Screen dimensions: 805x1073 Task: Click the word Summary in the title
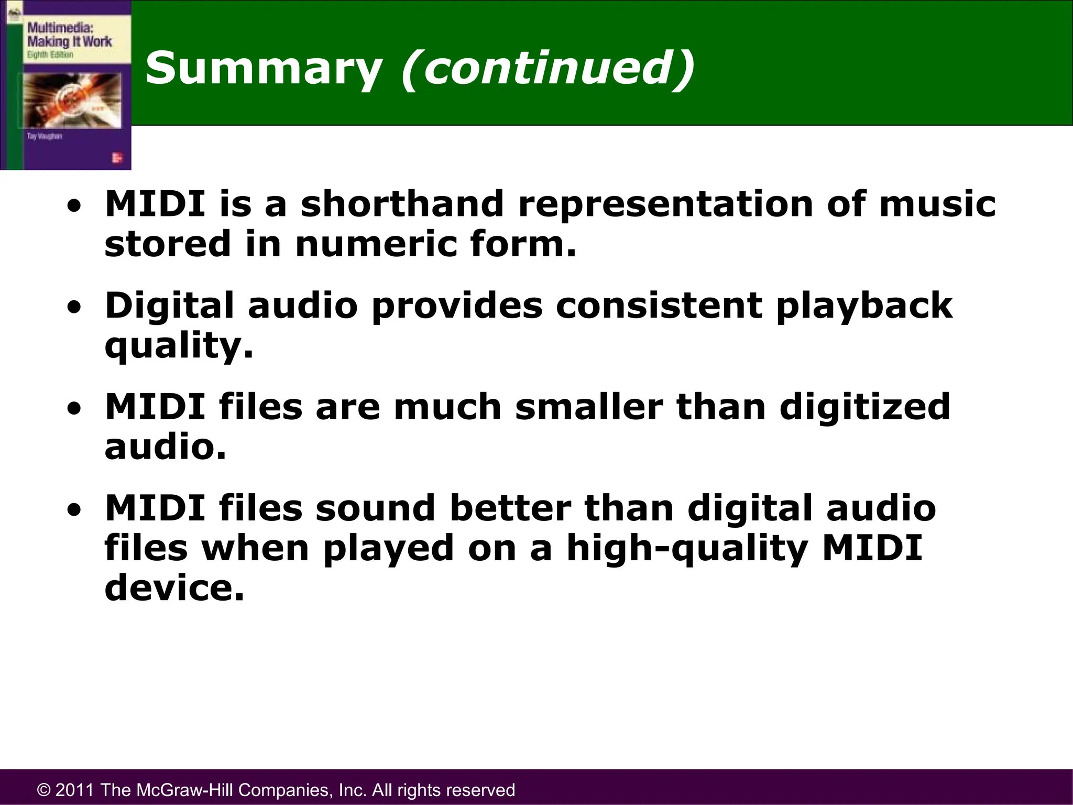point(264,69)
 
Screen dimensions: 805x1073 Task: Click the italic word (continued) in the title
point(548,69)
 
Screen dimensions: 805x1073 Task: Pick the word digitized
point(864,407)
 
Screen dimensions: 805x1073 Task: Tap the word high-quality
point(687,549)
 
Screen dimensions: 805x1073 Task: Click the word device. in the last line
point(174,588)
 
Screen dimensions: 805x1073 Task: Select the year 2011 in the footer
point(74,790)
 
